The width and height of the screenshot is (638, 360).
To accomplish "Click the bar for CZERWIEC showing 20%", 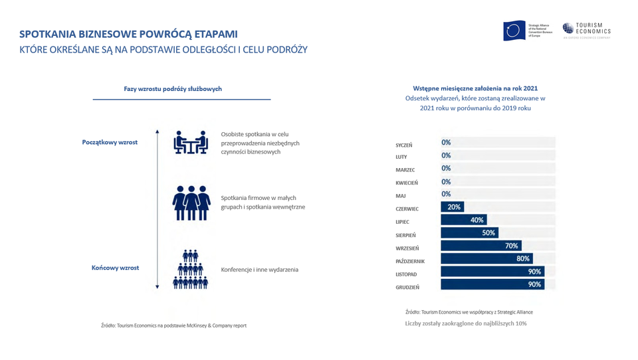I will pos(452,207).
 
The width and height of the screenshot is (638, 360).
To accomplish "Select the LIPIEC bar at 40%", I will pos(463,220).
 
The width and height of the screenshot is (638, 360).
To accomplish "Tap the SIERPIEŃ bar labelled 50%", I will pos(469,233).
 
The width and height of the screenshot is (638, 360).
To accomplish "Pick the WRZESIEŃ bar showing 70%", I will pos(480,246).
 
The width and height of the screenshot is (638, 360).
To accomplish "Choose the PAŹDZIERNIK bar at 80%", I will pos(486,259).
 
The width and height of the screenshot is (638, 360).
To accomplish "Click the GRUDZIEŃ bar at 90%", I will pos(492,285).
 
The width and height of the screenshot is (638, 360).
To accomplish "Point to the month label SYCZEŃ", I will pos(404,145).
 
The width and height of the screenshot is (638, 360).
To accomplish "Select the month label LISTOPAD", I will pos(407,274).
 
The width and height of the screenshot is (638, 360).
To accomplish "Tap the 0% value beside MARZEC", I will pos(446,169).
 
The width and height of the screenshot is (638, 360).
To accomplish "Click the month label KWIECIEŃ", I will pos(407,183).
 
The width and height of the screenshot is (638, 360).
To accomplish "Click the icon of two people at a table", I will pos(191,142).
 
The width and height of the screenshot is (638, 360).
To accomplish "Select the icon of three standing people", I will pos(191,202).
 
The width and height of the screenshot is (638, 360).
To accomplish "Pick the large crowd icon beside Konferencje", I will pos(191,269).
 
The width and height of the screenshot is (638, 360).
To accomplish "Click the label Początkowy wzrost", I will pos(110,142).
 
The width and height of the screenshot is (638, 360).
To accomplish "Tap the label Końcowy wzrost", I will pos(115,268).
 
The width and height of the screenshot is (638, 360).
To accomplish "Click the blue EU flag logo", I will pos(514,31).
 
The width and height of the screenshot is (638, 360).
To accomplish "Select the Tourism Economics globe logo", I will pos(568,28).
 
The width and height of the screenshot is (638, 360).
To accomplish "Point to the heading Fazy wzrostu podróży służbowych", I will pos(173,89).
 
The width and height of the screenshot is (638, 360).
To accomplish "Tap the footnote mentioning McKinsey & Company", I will pos(173,325).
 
